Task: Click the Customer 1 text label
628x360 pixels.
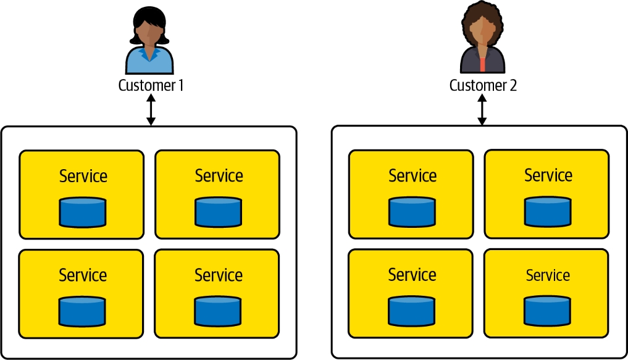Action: (151, 85)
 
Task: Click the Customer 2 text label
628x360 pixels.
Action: (482, 85)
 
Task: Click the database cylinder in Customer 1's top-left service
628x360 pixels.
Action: (83, 212)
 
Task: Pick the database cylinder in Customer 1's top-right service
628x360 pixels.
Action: (218, 212)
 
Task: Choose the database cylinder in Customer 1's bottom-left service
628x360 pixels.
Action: (83, 311)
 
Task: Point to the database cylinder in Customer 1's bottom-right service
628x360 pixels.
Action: (218, 311)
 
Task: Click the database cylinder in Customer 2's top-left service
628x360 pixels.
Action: (412, 212)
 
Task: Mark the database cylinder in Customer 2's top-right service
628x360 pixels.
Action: (548, 211)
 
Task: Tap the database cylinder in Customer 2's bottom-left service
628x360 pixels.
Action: (412, 311)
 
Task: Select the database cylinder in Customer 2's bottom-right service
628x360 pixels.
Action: (548, 311)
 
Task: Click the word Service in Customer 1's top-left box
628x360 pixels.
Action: (83, 176)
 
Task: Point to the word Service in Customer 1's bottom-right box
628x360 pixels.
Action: (218, 275)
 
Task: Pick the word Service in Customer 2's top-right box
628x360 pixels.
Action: (548, 175)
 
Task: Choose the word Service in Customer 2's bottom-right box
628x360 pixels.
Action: (548, 275)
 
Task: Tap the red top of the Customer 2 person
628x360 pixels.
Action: (483, 64)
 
